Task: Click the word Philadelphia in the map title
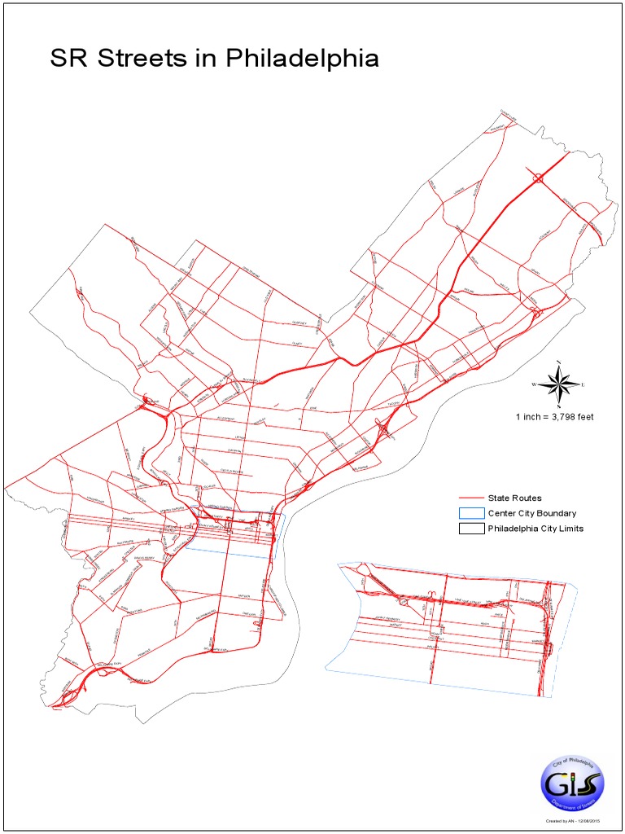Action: [302, 59]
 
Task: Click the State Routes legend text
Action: [514, 498]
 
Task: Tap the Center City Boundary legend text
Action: [531, 513]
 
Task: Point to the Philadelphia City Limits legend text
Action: [535, 529]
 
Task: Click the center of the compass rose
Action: [559, 383]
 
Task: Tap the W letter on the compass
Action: [535, 384]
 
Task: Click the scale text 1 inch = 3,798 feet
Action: [554, 417]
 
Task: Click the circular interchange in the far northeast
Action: [537, 178]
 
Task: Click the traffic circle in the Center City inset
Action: [403, 601]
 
